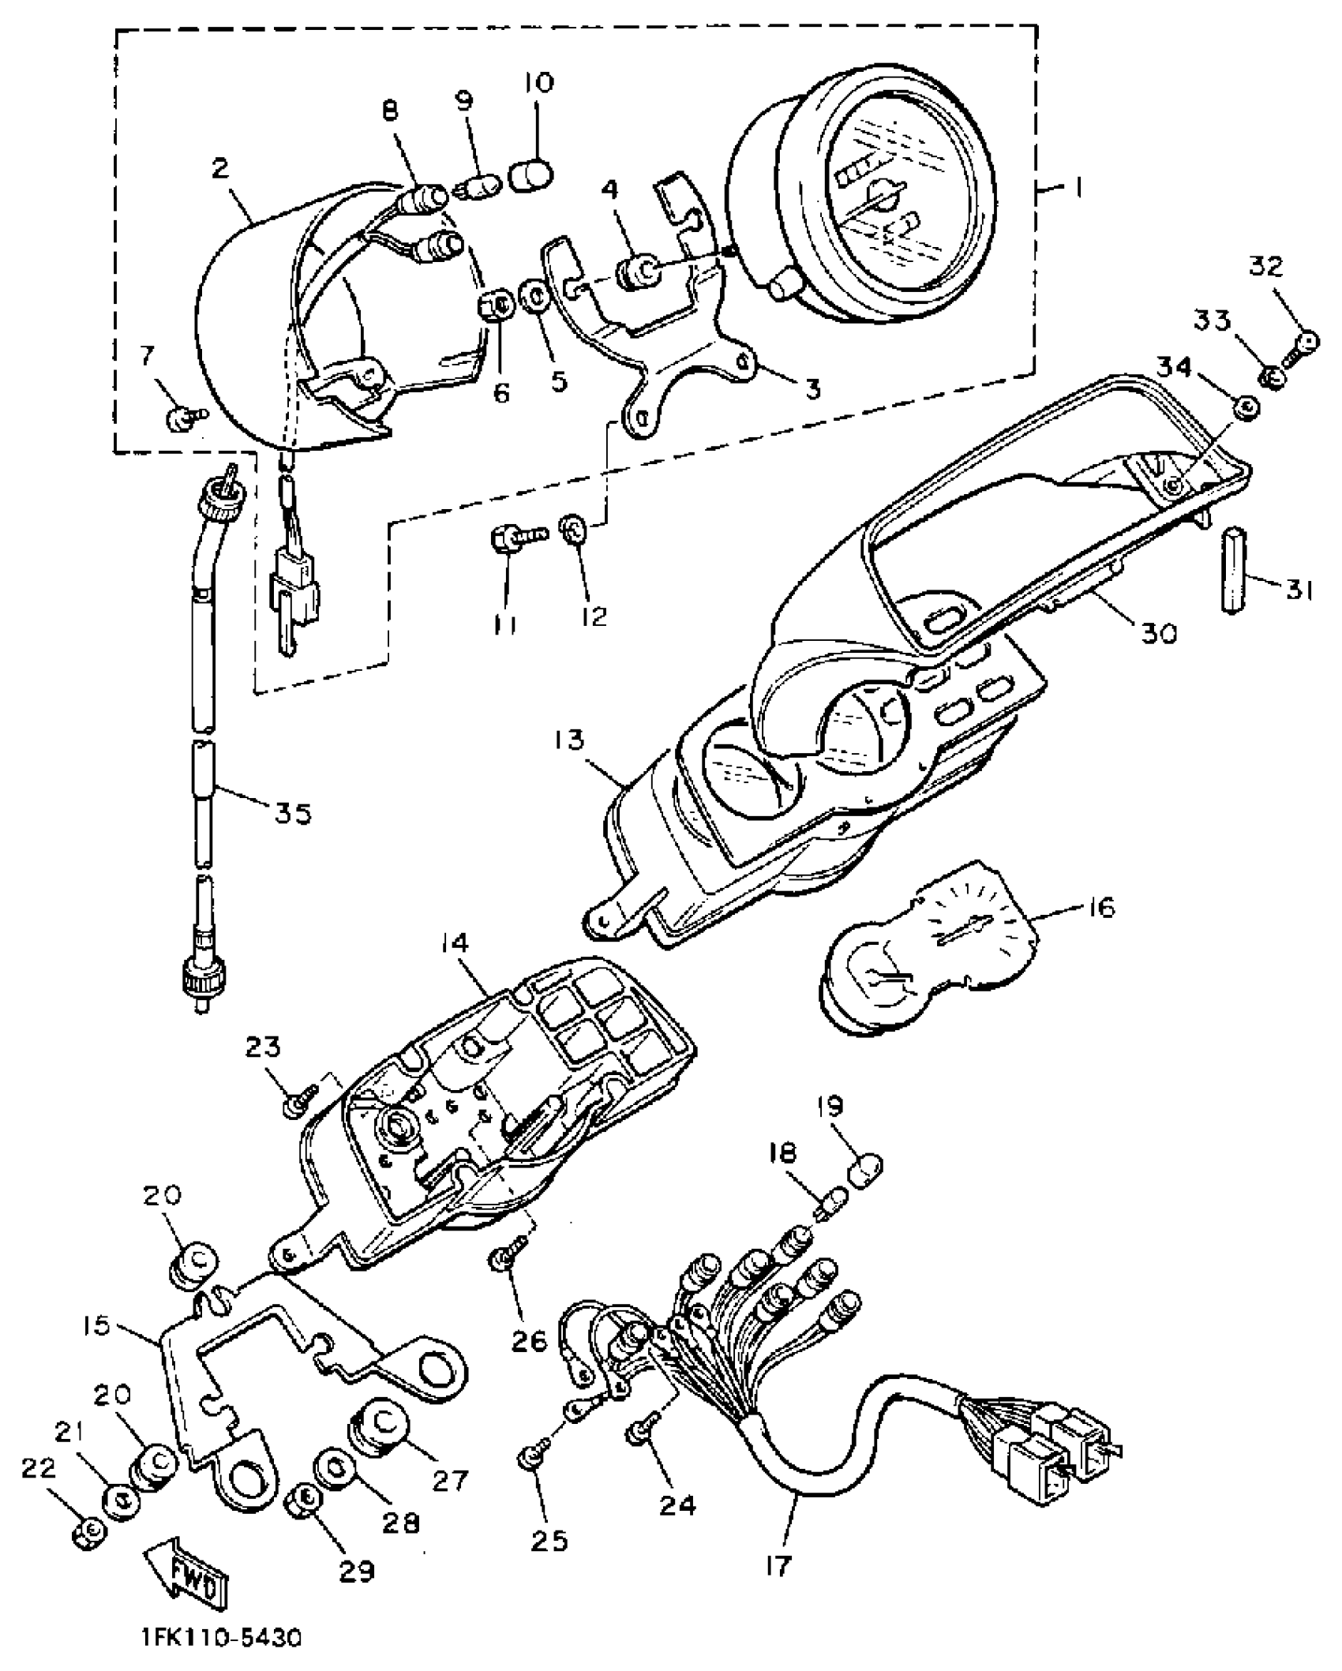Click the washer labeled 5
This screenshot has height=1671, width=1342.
pyautogui.click(x=535, y=299)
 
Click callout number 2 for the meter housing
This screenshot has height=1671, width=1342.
pyautogui.click(x=219, y=167)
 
